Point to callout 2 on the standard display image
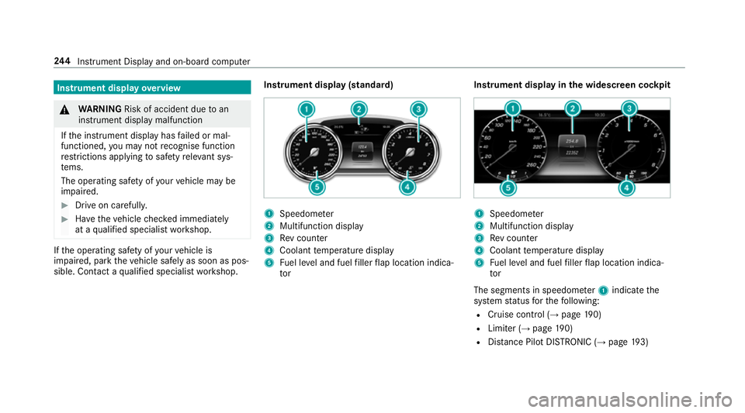(359, 109)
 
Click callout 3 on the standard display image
(419, 109)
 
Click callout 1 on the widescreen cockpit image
(512, 109)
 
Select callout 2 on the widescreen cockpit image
(572, 109)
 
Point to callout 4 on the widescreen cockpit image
(624, 187)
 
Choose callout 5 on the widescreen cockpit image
(507, 187)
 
